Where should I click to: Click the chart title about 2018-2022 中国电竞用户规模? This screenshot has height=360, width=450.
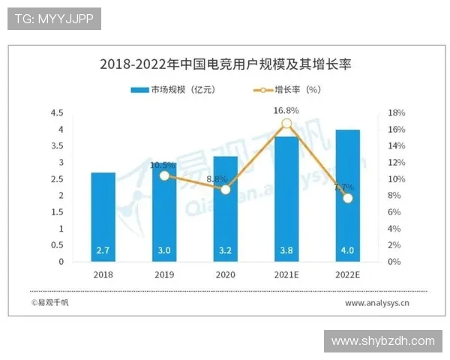(225, 64)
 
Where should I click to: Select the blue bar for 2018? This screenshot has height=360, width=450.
(103, 217)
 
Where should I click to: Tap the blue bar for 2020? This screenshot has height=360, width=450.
(225, 210)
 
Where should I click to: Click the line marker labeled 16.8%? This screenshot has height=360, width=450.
(286, 124)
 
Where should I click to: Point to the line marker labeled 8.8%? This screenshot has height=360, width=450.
(225, 190)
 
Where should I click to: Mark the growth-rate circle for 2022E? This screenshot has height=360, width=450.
(347, 198)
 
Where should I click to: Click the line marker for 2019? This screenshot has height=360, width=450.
(164, 175)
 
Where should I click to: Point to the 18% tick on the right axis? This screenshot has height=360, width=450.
(397, 113)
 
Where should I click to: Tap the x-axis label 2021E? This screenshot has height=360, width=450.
(286, 274)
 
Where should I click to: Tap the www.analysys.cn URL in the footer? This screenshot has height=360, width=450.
(376, 303)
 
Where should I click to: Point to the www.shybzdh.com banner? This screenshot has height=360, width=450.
(382, 340)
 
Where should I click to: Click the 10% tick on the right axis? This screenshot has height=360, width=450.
(397, 179)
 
